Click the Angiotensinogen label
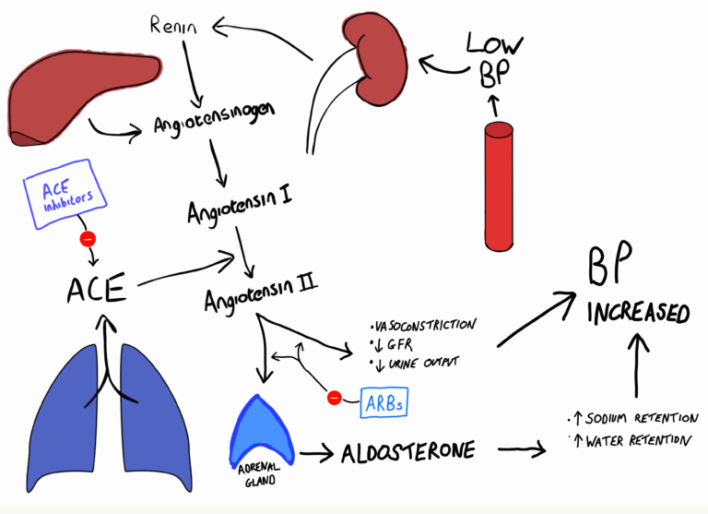click(x=215, y=126)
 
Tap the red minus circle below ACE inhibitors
click(x=88, y=239)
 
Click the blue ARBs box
click(x=382, y=401)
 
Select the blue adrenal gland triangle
click(x=265, y=429)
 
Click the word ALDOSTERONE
click(x=407, y=452)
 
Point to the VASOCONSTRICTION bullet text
click(x=423, y=325)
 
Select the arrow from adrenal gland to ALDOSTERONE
click(x=314, y=453)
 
